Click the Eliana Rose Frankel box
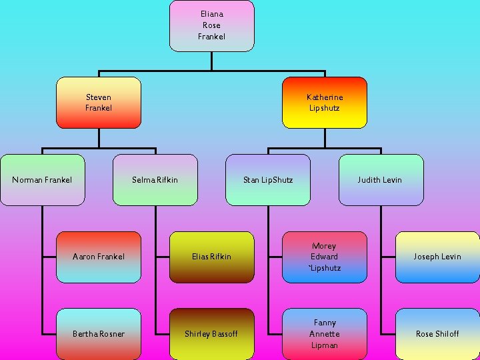point(211,25)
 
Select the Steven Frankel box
point(99,103)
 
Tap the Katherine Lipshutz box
point(325,103)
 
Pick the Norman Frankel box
point(43,179)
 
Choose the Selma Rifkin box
point(155,179)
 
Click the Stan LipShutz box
point(268,179)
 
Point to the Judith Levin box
point(381,179)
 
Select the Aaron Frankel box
point(99,257)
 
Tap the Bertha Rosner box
point(99,333)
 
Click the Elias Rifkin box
point(212,257)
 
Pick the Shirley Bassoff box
point(212,333)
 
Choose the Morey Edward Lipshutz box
point(325,257)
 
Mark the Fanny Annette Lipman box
point(325,333)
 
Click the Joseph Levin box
point(437,257)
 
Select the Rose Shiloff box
point(437,333)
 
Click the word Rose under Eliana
point(211,25)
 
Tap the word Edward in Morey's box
point(325,257)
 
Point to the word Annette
point(325,334)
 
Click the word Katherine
point(325,97)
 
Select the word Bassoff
point(225,334)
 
